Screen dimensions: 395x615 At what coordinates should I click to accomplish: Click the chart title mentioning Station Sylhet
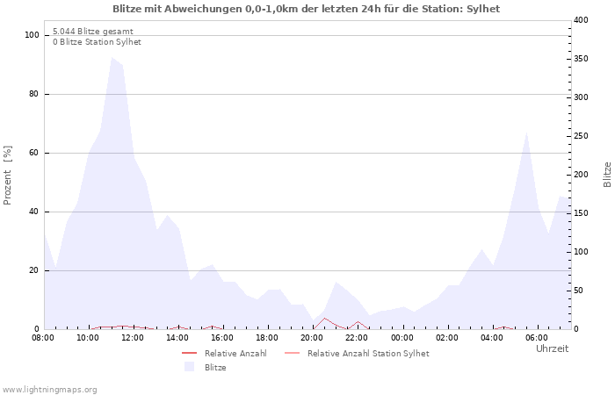point(307,9)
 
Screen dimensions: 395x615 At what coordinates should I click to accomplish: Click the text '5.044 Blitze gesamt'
point(93,31)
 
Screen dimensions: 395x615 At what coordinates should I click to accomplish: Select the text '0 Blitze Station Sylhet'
point(97,42)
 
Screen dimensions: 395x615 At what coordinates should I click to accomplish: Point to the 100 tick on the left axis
point(33,35)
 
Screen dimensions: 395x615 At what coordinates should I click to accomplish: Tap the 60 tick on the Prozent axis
point(34,153)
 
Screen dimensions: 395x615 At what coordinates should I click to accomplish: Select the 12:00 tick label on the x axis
point(133,338)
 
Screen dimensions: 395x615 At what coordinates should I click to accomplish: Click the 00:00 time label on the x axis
point(402,338)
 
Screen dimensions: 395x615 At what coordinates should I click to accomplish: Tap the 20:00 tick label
point(313,338)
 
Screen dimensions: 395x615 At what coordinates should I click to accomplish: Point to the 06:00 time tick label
point(537,338)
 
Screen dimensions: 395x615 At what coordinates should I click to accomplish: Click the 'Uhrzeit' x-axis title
point(552,348)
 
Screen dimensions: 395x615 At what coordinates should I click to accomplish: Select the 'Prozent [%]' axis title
point(8,176)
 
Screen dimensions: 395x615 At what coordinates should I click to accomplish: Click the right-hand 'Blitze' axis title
point(607,174)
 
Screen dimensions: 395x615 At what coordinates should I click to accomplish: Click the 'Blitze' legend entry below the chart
point(215,368)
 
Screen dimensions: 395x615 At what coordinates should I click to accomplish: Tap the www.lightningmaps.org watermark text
point(50,390)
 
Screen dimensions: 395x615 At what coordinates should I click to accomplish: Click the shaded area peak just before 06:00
point(526,133)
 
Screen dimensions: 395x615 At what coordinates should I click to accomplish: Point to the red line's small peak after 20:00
point(324,318)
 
